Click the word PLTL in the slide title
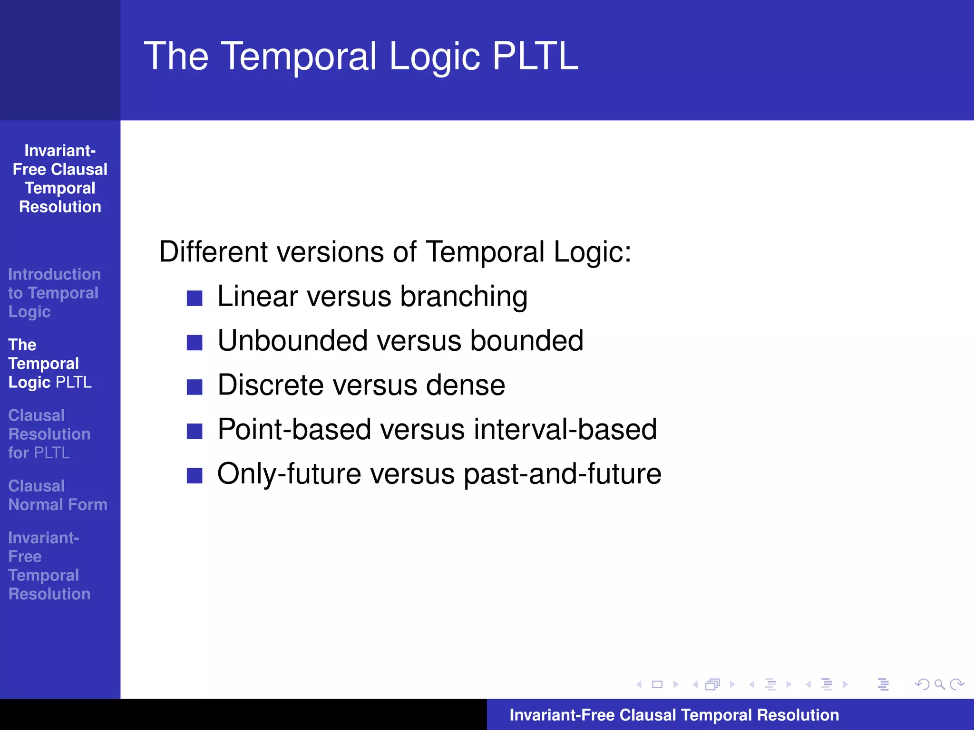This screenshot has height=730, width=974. [535, 56]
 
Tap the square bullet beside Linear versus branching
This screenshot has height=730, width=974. [195, 298]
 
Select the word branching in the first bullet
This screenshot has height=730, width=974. [464, 297]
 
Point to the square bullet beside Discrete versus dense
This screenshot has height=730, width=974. [195, 387]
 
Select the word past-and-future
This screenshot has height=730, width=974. [562, 474]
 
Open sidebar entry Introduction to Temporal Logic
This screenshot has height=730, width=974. [54, 293]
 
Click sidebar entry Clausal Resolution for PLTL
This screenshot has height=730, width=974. [49, 434]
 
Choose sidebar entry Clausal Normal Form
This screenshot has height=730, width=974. [58, 495]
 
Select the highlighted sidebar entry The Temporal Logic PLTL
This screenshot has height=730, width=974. [49, 364]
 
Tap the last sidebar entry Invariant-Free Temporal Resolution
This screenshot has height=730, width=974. [49, 566]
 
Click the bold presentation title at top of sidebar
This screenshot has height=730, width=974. [60, 179]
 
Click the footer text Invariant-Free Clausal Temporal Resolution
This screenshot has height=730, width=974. [674, 715]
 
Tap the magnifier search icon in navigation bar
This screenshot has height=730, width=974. [939, 684]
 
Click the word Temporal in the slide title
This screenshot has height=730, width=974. [299, 56]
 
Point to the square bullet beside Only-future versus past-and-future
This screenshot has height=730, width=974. [195, 475]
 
